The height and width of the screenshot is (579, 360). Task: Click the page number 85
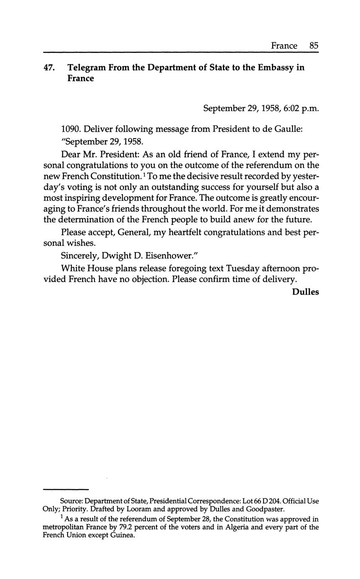coord(314,46)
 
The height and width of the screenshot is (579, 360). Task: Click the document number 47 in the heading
coord(49,68)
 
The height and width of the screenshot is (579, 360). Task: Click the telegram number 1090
coord(70,129)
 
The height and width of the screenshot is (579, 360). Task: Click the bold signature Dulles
coord(305,292)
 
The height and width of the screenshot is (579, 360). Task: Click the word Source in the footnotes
coord(71,502)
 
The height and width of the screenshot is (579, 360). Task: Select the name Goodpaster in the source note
coord(265,509)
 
